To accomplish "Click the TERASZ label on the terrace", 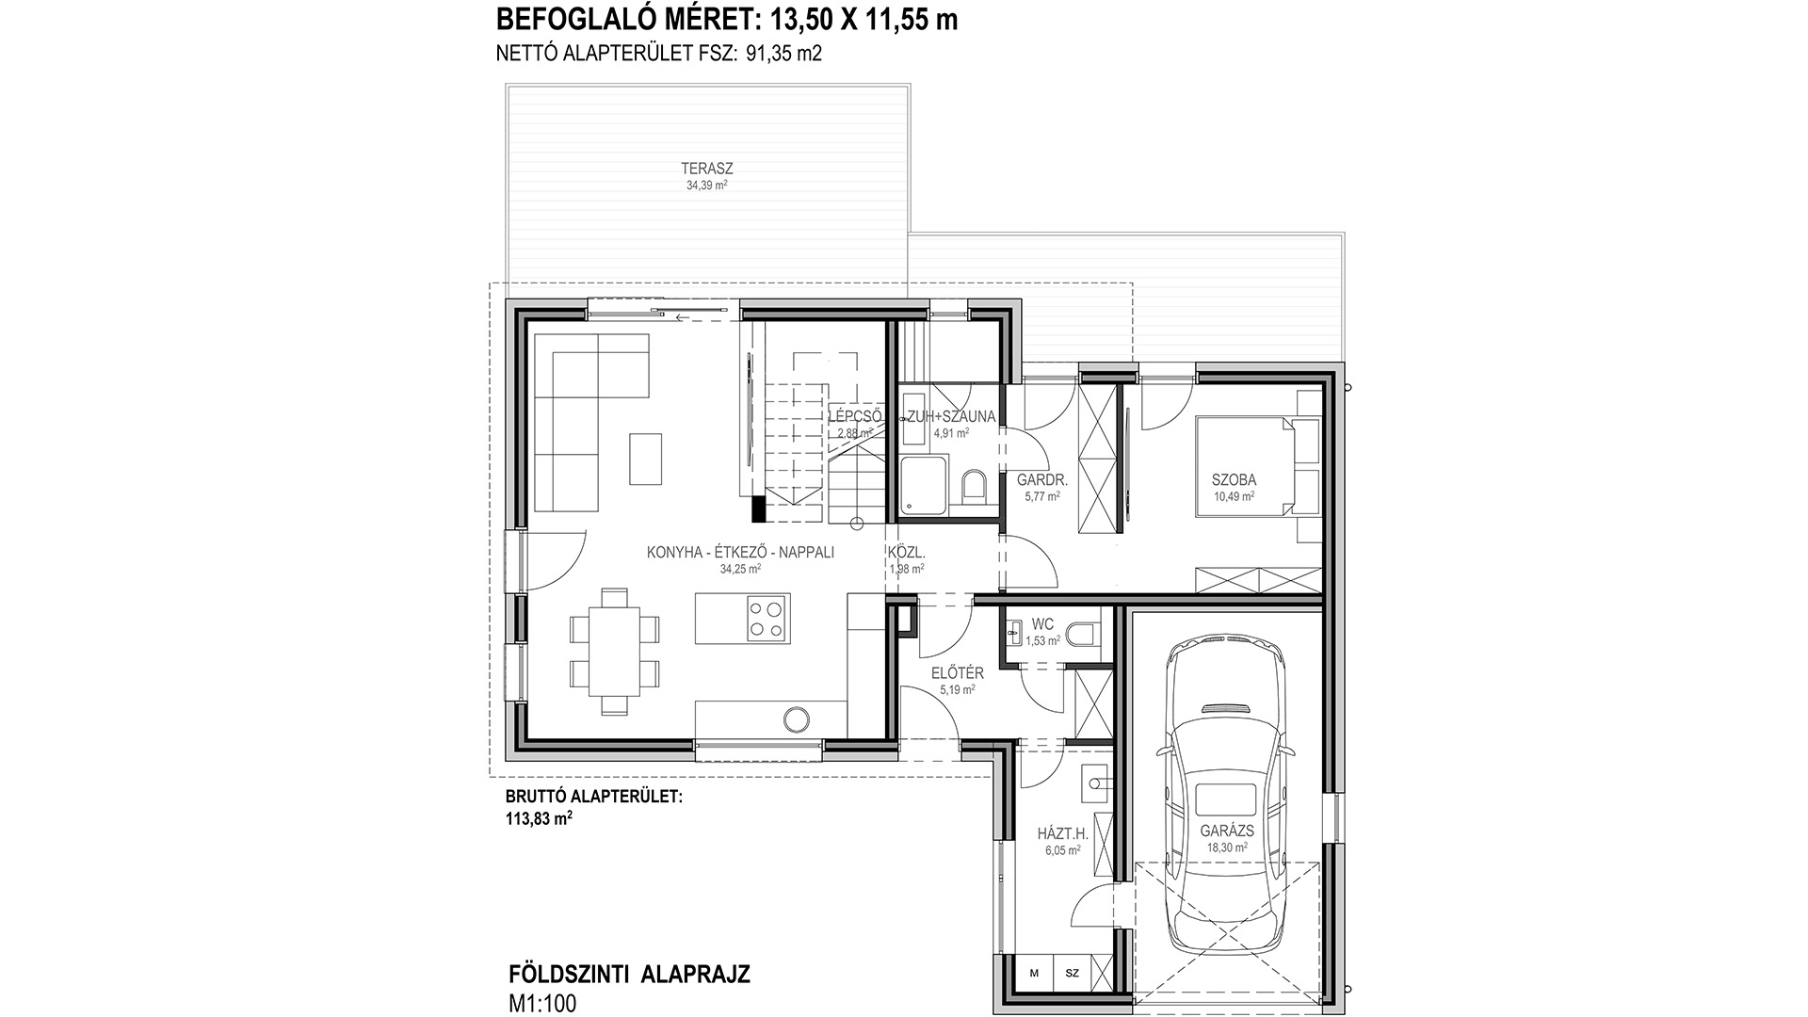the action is click(707, 169).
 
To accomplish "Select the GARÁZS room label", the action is click(1227, 831).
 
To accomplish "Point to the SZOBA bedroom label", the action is click(1234, 480).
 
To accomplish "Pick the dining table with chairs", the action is click(614, 651).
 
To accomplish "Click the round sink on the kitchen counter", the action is click(796, 720).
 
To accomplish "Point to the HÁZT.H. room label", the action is click(1062, 833).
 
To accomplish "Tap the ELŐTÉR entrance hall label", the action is click(957, 673).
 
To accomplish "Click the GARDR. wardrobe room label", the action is click(1041, 479).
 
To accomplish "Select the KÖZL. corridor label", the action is click(906, 553).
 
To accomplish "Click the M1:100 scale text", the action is click(541, 1004).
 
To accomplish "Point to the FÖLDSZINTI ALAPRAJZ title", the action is click(628, 975).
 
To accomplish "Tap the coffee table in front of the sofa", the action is click(646, 459).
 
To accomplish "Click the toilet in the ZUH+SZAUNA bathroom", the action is click(974, 486).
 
